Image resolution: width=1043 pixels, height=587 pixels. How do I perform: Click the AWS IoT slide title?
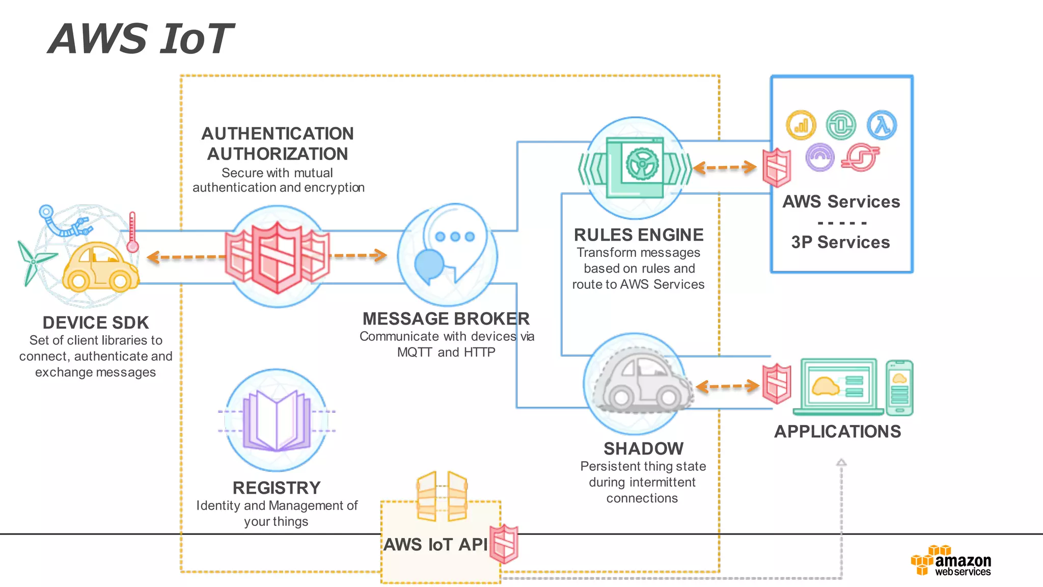[141, 39]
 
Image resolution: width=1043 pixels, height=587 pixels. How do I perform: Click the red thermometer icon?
[132, 232]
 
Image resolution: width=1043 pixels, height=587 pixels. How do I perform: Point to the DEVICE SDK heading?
[96, 323]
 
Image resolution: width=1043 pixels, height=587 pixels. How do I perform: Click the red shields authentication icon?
[278, 257]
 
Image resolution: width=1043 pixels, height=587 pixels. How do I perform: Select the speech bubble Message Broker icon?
[448, 250]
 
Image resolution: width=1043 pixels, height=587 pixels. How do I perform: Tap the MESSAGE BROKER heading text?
[446, 318]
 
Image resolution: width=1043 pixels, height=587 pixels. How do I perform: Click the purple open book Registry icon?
[277, 421]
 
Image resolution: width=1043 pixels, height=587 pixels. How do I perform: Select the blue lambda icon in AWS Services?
[882, 125]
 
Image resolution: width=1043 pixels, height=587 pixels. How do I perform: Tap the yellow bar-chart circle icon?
[801, 125]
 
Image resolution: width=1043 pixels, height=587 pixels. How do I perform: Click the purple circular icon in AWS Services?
[820, 157]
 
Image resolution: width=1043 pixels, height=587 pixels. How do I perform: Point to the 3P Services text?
[840, 242]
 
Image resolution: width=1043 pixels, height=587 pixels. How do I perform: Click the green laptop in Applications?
[838, 386]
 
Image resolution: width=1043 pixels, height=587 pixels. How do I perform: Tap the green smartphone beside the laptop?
[899, 388]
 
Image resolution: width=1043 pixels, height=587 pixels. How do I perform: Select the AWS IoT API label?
[436, 544]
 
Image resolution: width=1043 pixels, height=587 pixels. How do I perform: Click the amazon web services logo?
[951, 561]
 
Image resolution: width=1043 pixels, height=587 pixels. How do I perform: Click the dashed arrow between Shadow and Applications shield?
[727, 386]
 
